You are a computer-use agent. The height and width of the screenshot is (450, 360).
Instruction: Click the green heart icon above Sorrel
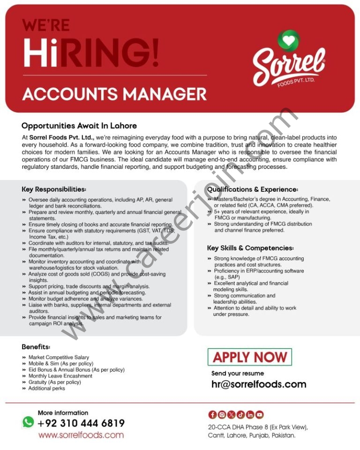point(288,40)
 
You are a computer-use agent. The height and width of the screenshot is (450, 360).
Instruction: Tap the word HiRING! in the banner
point(91,53)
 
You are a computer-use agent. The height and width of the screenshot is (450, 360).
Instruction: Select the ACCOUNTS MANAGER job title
point(114,94)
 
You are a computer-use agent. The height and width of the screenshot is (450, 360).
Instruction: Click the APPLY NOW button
point(249,357)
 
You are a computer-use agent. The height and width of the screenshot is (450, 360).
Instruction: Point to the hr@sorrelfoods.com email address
point(259,384)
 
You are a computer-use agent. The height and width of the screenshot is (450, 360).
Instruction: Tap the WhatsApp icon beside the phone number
point(28,422)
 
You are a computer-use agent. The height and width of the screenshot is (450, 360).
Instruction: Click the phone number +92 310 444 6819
point(81,423)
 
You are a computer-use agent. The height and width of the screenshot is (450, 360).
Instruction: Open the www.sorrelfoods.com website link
point(81,435)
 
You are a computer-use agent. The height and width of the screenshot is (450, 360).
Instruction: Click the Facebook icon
point(212,414)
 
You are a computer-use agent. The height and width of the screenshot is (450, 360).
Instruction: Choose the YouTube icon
point(259,414)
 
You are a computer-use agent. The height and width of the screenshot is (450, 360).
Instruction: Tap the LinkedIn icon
point(250,414)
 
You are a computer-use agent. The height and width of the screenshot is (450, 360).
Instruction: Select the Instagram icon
point(222,414)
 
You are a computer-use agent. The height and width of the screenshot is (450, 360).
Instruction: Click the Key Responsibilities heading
point(54,189)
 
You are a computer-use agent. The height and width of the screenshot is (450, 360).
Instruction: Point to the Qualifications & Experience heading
point(253,189)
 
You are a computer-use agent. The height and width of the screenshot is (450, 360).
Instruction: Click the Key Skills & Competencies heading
point(250,248)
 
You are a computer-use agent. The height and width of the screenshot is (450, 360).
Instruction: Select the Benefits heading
point(36,347)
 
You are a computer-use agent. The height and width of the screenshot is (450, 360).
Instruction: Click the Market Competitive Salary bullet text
point(59,357)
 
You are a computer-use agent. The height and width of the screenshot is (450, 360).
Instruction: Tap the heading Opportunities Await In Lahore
point(79,126)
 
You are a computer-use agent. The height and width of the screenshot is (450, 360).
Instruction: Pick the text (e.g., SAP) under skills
point(227,277)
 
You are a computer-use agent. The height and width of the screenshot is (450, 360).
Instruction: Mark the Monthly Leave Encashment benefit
point(60,376)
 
